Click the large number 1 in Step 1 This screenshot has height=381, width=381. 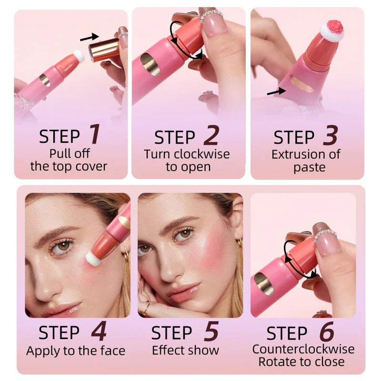(95, 134)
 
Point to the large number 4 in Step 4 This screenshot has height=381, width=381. (99, 331)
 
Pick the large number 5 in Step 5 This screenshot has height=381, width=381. (210, 331)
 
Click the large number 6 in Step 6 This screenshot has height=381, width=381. (326, 331)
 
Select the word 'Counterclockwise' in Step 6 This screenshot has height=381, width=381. (303, 349)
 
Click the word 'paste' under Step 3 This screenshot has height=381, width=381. (310, 167)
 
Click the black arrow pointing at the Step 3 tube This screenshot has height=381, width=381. (273, 90)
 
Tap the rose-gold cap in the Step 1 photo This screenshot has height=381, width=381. (105, 49)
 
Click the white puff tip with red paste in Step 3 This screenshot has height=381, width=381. (331, 30)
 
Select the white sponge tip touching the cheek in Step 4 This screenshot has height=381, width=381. (94, 259)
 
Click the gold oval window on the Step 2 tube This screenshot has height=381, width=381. (150, 64)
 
